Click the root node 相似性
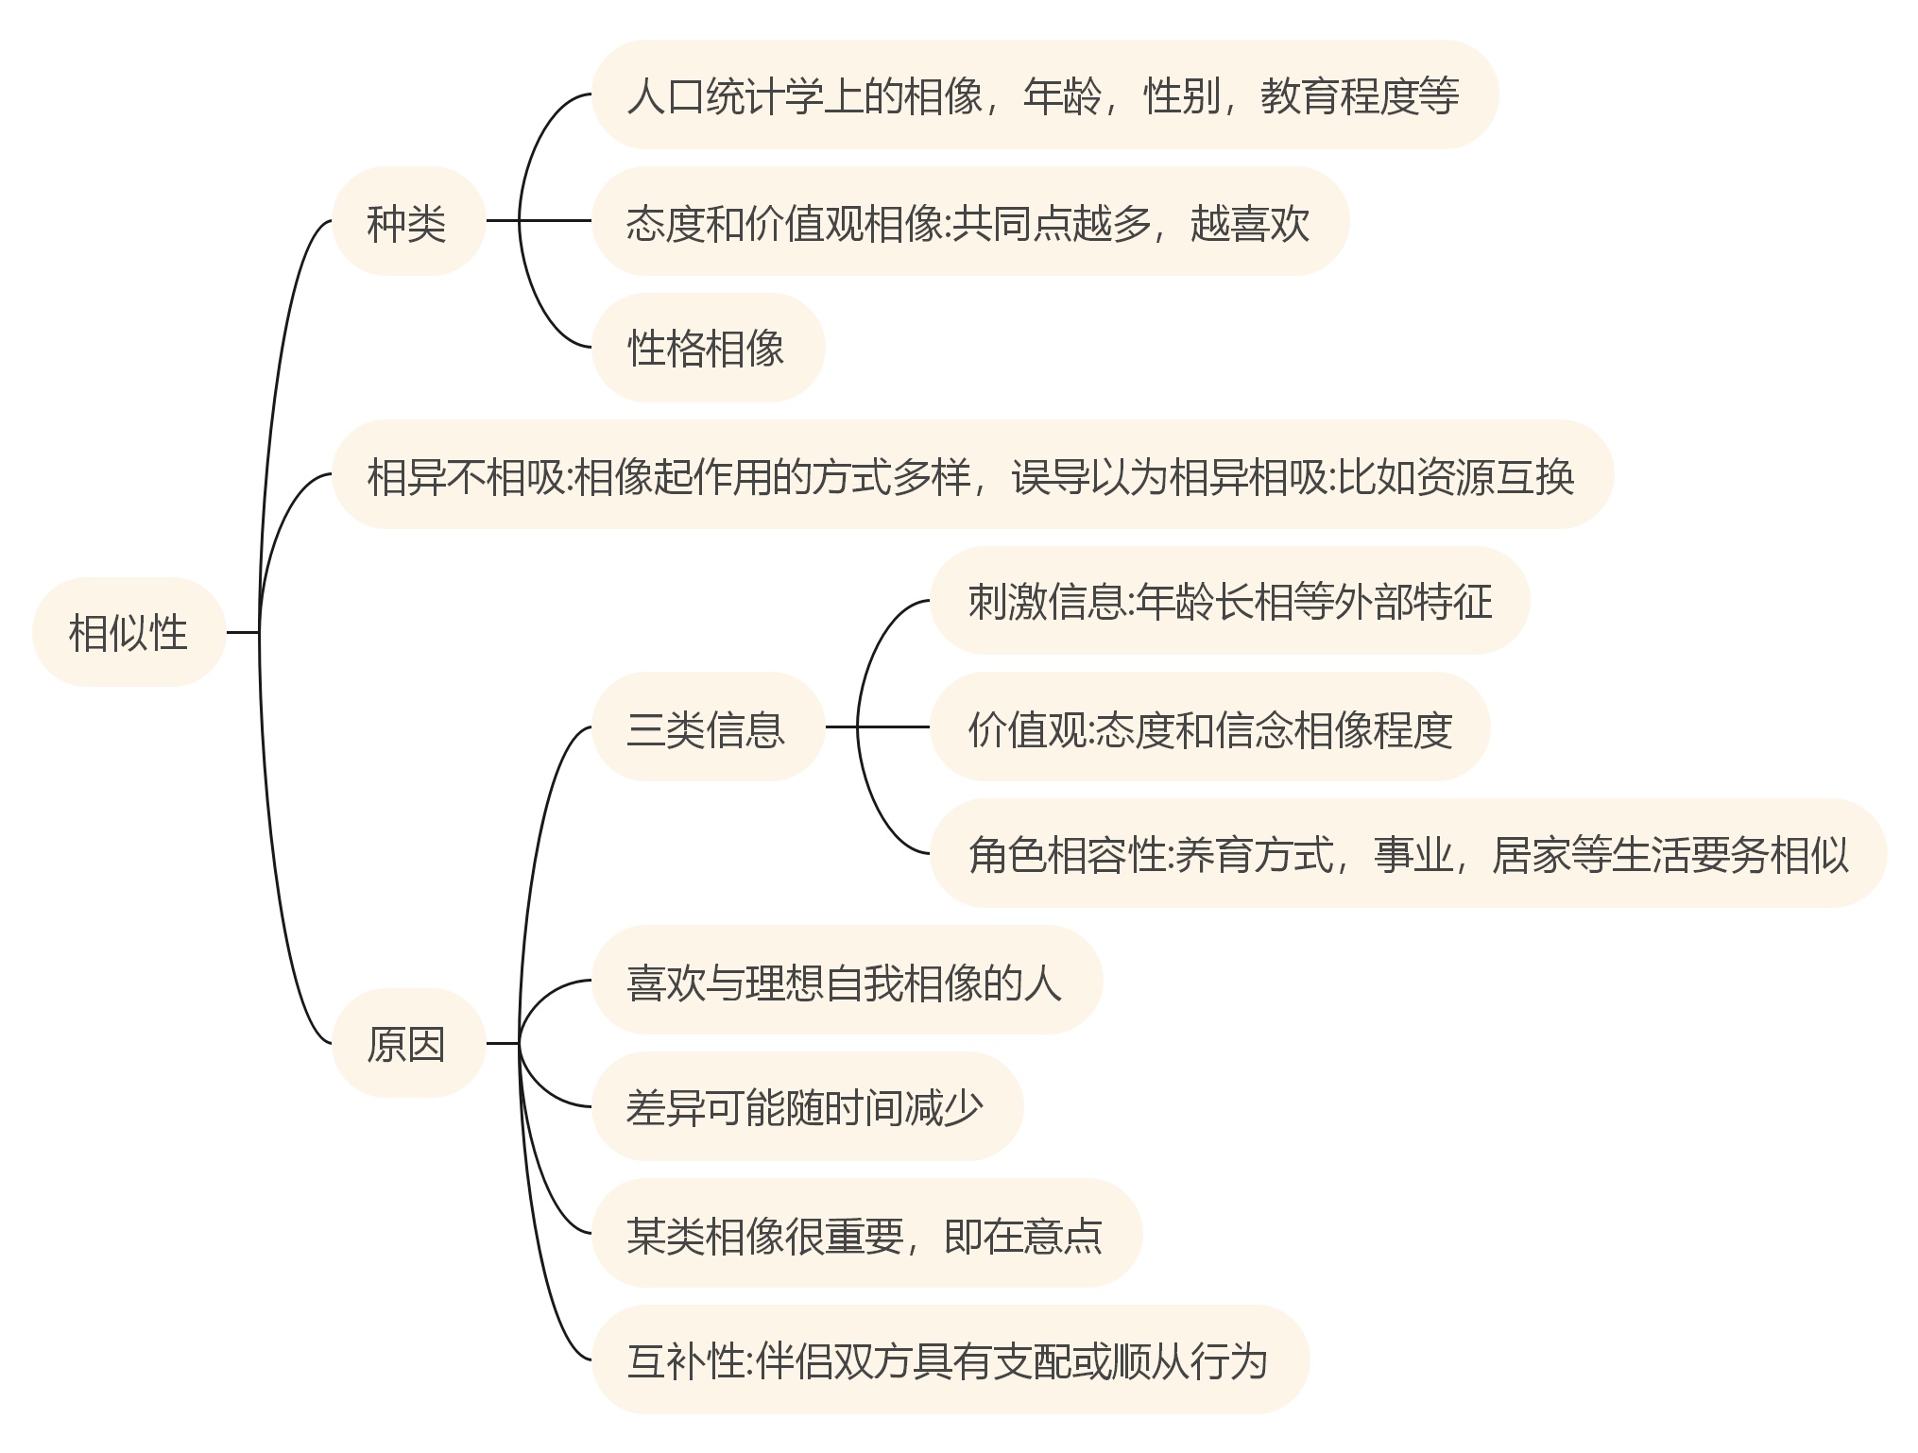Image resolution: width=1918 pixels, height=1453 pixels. coord(128,632)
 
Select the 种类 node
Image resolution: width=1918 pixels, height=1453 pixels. coord(407,222)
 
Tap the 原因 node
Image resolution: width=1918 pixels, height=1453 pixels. coord(407,1043)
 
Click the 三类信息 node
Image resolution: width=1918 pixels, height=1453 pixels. coord(707,727)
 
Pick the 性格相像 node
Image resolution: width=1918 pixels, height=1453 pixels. coord(707,348)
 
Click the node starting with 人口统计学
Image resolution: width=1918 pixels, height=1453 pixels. coord(1043,95)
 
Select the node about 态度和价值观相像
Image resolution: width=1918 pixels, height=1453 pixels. coord(968,222)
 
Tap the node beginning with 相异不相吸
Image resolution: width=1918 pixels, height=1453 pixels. coord(970,474)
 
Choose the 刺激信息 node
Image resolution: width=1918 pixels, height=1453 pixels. coord(1228,601)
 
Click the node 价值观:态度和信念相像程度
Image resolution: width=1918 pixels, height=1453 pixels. coord(1209,727)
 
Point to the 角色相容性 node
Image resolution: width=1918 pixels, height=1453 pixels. coord(1408,854)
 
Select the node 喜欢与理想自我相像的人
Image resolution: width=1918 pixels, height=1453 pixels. coord(846,981)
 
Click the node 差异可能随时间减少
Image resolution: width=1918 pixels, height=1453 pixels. coord(806,1106)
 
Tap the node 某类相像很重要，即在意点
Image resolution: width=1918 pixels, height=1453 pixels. coord(865,1233)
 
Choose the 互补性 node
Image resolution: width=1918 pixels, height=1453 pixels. coord(949,1359)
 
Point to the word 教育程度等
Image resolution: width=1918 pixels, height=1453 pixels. coord(1360,96)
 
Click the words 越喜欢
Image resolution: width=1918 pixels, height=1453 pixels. coord(1249,223)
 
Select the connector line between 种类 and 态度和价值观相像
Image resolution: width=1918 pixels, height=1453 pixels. coord(553,221)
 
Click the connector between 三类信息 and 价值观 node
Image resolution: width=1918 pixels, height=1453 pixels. coord(888,726)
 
